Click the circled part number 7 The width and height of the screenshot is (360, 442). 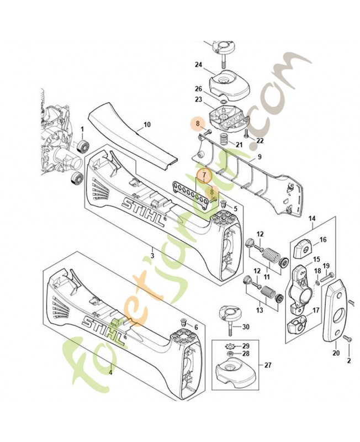point(205,175)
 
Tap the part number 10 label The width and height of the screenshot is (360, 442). point(147,124)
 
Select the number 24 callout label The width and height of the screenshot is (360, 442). point(198,65)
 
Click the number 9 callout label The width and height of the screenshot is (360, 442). point(260,156)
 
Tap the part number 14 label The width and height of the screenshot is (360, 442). point(312,218)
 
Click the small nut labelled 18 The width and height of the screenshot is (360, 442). point(317,282)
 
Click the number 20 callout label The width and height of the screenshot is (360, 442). point(336,352)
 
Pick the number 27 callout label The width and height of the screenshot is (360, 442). point(268,365)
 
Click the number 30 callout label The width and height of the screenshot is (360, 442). point(246,327)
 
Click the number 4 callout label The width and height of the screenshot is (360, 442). point(110,372)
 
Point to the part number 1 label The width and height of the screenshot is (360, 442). point(82,129)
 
